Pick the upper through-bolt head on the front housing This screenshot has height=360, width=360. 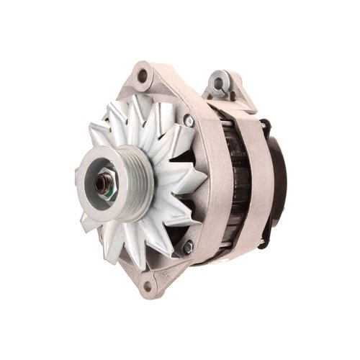(x=189, y=121)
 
